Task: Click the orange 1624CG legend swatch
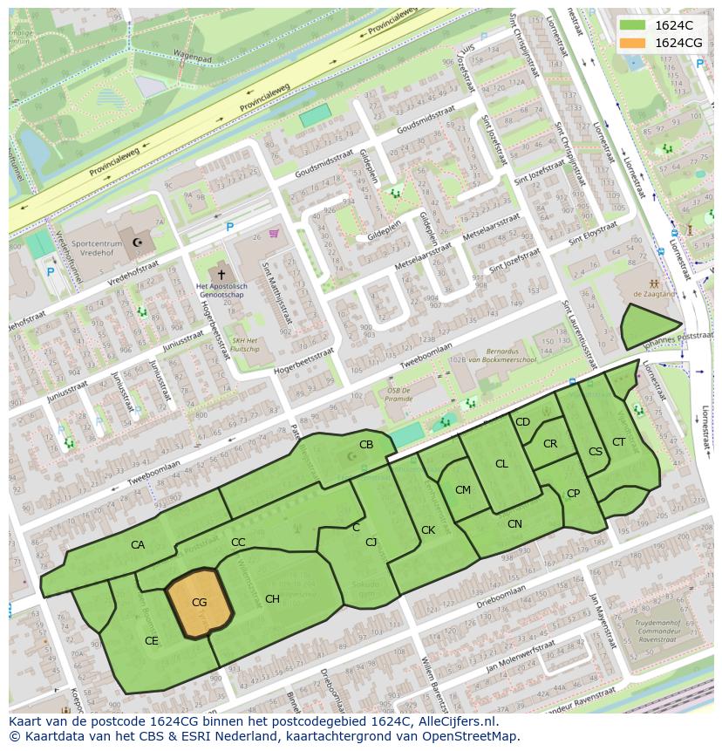coord(634,43)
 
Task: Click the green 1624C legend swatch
coord(634,24)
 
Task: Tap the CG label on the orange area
coord(199,603)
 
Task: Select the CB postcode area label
coord(366,445)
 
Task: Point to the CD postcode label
coord(522,422)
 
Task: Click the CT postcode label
coord(618,442)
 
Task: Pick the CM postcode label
coord(463,490)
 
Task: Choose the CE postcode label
coord(152,640)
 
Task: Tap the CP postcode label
coord(573,494)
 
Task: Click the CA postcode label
coord(138,545)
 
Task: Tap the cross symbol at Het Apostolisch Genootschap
coord(221,274)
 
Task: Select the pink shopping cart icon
coord(274,233)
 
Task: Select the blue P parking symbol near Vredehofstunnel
coord(50,272)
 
